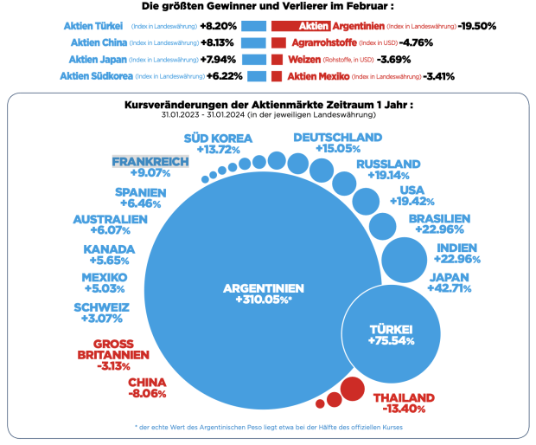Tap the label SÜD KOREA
click(218, 138)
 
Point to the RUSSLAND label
click(388, 164)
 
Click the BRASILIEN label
click(439, 218)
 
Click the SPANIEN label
click(146, 193)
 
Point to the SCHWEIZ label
click(102, 307)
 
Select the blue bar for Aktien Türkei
click(252, 27)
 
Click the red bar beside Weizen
click(277, 60)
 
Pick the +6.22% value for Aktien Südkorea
click(225, 76)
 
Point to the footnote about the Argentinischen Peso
click(269, 427)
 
